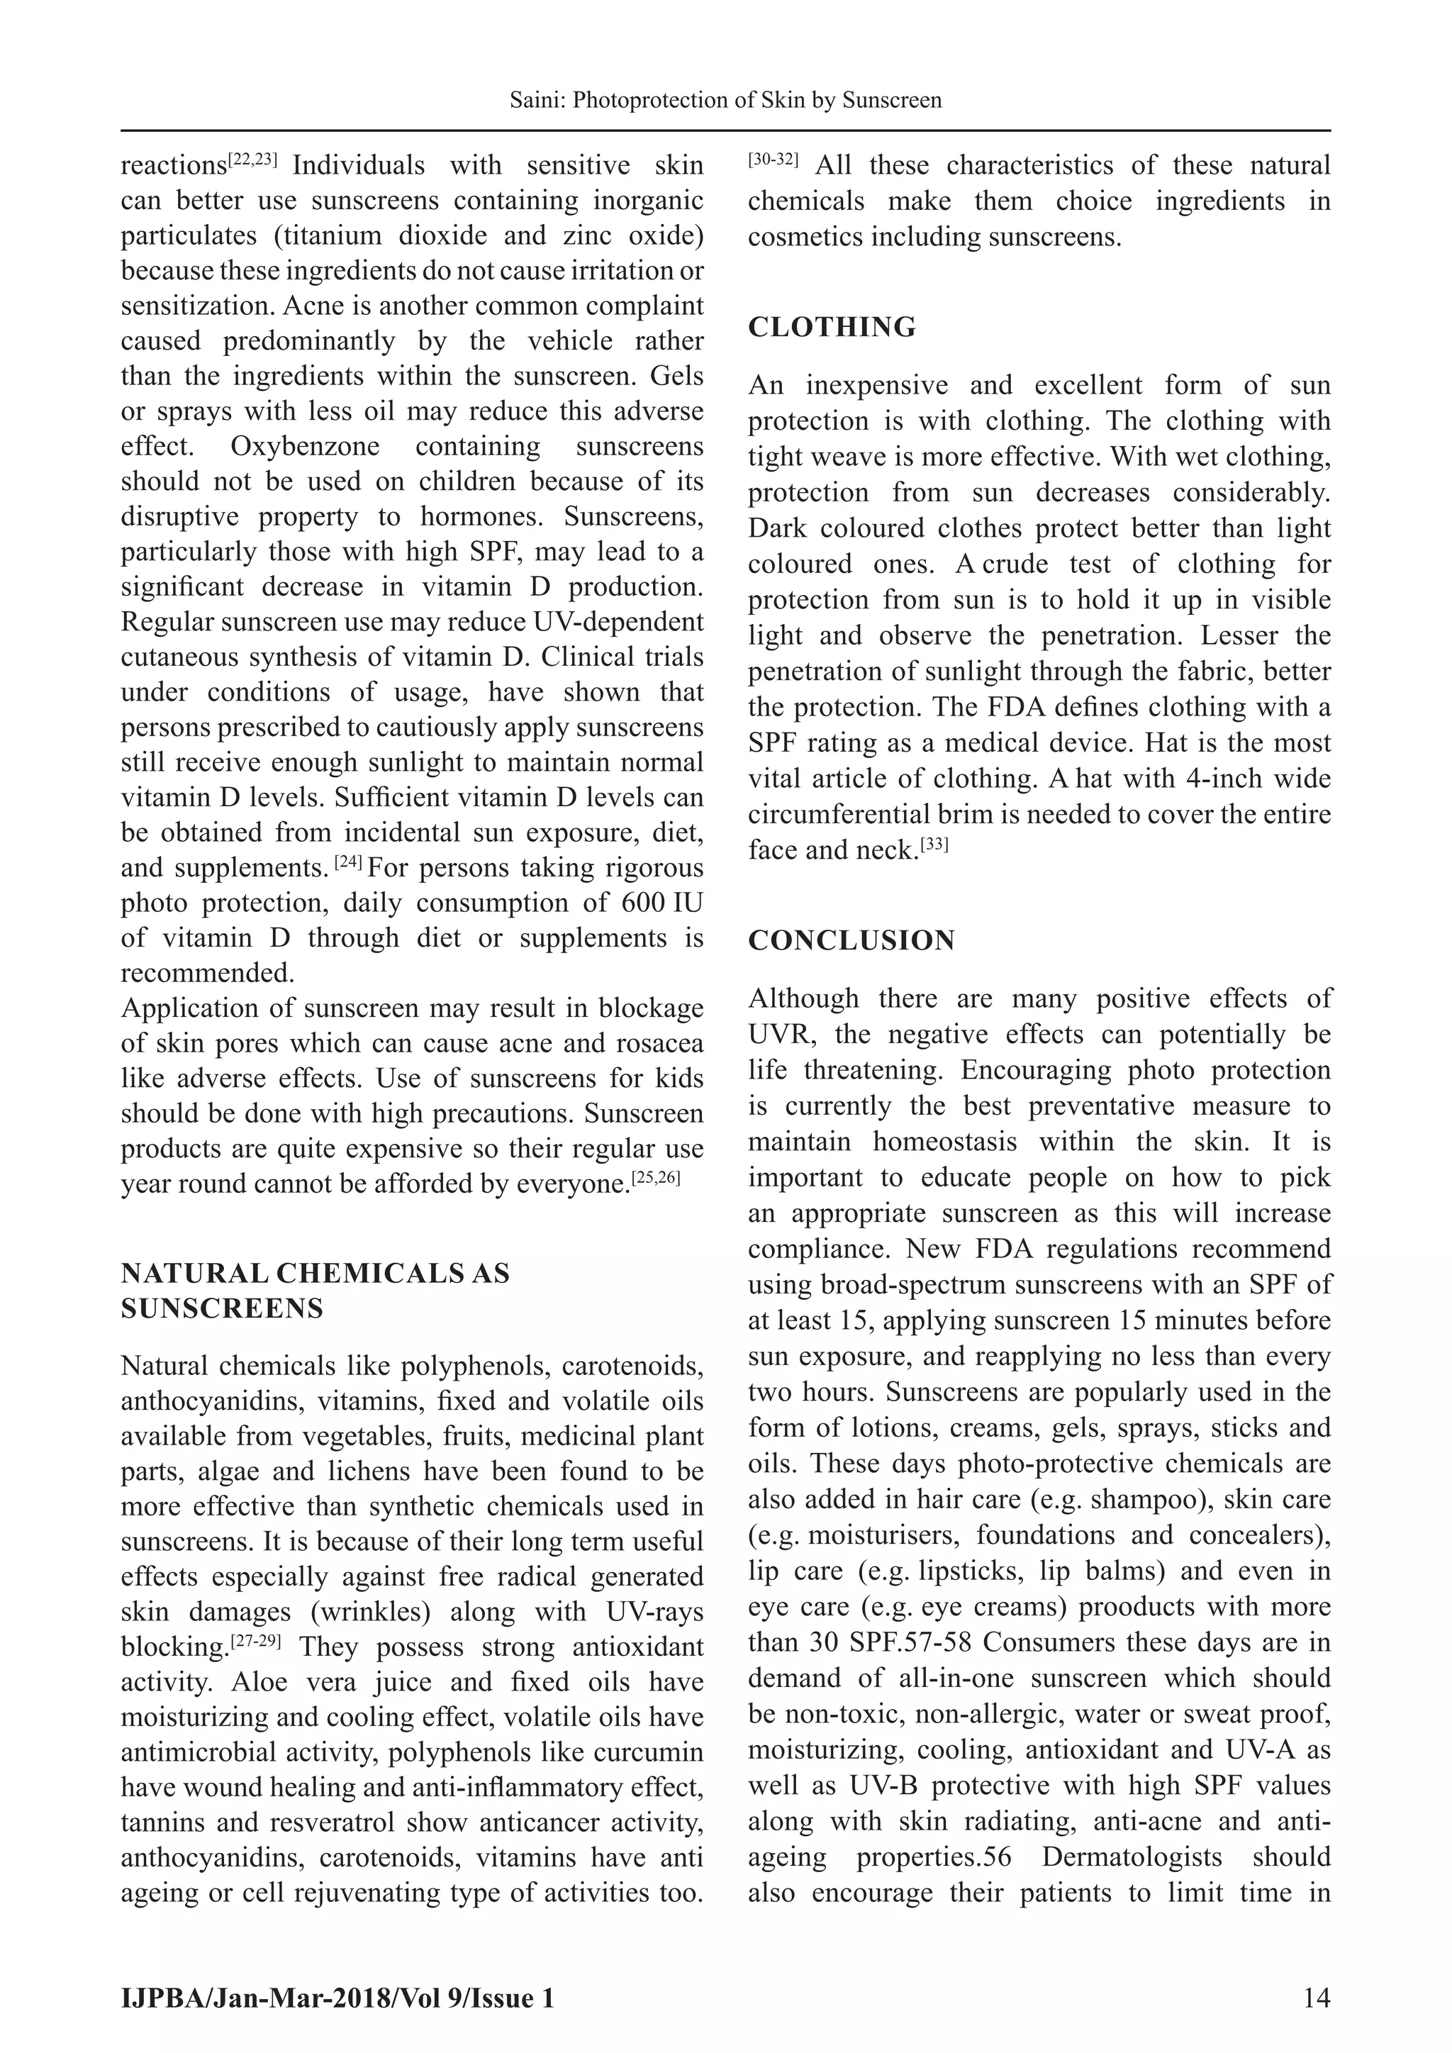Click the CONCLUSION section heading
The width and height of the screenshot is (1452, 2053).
click(851, 940)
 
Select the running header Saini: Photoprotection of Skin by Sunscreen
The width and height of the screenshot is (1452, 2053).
click(725, 100)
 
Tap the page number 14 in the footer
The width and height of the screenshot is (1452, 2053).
click(1316, 1998)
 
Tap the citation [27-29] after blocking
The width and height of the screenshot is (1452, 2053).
click(256, 1642)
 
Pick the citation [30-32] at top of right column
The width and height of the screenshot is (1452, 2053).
click(773, 160)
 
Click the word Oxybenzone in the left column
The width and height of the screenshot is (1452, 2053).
click(305, 447)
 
